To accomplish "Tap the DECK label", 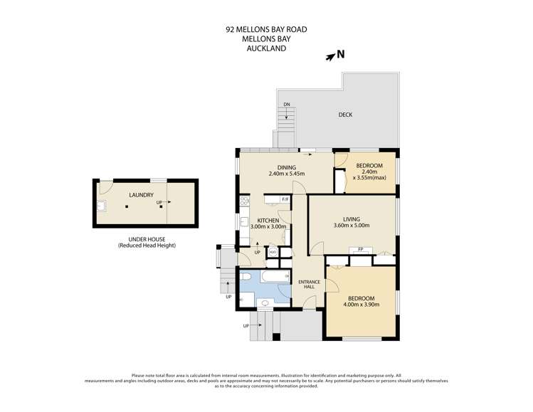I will pos(345,114).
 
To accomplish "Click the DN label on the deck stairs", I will pos(286,105).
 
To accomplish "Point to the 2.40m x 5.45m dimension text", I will pos(287,174).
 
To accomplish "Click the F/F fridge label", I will pos(285,199).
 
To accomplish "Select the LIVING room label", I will pos(351,218).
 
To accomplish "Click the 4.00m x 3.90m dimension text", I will pos(362,305).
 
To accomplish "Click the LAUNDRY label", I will pos(141,194).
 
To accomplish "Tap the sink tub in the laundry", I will pos(101,206).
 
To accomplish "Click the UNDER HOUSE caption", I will pos(147,239).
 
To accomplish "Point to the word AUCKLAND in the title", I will pos(266,50).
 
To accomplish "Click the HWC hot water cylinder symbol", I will pos(273,252).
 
